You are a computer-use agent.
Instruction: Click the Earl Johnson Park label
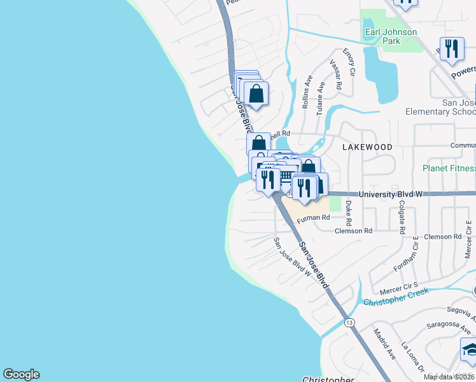tap(391, 36)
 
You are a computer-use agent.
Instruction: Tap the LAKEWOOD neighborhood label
tap(367, 146)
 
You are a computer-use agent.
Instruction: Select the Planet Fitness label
tap(449, 168)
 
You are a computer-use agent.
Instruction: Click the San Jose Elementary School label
tap(440, 107)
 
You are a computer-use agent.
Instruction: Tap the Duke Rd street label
tap(348, 215)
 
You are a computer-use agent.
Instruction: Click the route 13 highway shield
tap(349, 323)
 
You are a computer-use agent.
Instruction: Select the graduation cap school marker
tap(470, 351)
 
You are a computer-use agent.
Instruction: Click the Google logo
tap(21, 374)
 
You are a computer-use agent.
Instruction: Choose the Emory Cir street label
tap(349, 61)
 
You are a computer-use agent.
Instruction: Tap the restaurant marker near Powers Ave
tap(451, 50)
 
